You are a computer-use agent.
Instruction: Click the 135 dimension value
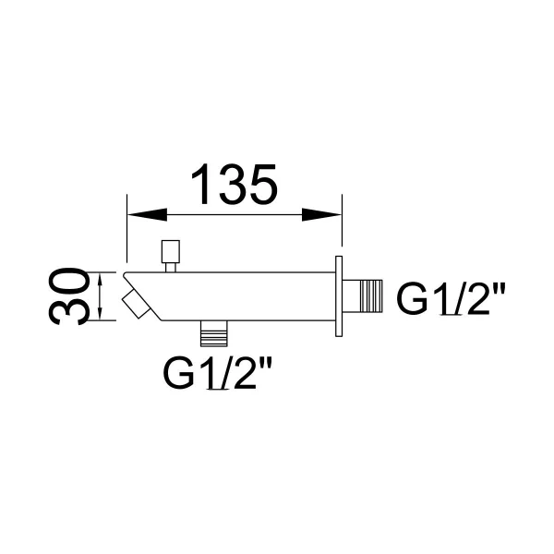coord(234,184)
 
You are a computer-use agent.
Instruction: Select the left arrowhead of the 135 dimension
coord(147,214)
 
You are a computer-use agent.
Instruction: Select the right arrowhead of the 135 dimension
coord(321,214)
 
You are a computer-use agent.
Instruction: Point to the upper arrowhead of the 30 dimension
coord(101,280)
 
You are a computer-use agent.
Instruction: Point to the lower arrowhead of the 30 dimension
coord(101,313)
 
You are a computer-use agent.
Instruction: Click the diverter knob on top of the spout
coord(171,251)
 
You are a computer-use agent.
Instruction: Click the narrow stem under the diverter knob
coord(171,268)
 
